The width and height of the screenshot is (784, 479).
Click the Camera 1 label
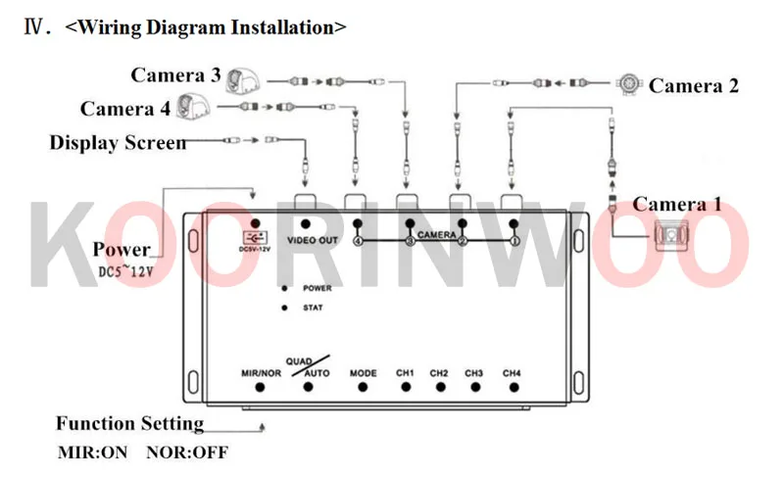tap(677, 205)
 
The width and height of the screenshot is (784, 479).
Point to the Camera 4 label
tap(125, 108)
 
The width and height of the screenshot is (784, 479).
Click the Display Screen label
tap(118, 143)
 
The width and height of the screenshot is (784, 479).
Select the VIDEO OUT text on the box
tap(313, 240)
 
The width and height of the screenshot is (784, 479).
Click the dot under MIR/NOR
tap(261, 387)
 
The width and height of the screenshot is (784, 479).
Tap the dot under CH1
tap(405, 387)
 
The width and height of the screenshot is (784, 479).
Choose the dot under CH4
tap(512, 387)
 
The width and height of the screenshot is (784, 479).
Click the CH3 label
tap(474, 373)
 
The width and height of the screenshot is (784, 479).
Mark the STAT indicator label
tap(314, 309)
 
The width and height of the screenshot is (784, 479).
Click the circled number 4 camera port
tap(358, 241)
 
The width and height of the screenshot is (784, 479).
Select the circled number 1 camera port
tap(514, 241)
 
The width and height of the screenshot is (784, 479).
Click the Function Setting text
tap(129, 424)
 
